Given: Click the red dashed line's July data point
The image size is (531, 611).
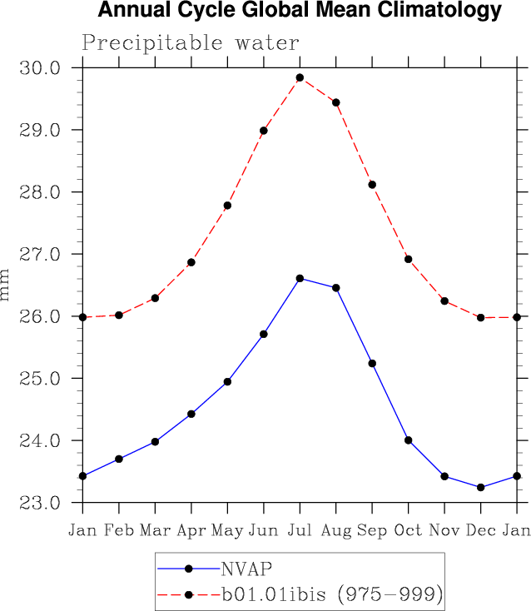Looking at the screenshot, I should [300, 77].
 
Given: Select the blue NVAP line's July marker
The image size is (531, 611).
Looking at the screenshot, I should [300, 278].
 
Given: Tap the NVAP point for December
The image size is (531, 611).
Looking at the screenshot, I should [481, 487].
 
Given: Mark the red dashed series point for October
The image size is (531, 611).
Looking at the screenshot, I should [409, 259].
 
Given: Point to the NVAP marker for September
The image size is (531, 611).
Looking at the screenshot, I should [372, 363].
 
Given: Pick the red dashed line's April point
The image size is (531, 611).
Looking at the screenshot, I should [191, 262].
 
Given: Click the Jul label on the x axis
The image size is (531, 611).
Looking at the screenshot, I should [300, 531].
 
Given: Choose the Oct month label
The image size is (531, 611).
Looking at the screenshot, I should [409, 531].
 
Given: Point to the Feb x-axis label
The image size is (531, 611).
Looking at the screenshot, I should [119, 531].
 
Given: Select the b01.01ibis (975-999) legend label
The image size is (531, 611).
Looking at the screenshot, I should [331, 594].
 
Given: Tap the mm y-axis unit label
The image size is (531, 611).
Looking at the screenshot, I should [7, 285].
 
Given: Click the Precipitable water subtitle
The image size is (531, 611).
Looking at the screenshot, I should [191, 42].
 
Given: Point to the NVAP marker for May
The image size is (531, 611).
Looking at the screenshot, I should [227, 381].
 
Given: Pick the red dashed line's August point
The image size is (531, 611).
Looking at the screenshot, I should [336, 102].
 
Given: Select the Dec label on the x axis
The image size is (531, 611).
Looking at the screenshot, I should [481, 531].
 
